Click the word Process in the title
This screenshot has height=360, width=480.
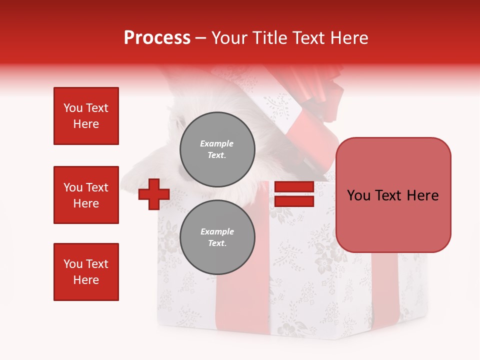point(157,38)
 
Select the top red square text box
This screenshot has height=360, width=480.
point(86,116)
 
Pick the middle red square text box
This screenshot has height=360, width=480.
point(86,195)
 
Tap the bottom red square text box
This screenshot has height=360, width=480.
point(86,272)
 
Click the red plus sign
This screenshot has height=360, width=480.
point(154,194)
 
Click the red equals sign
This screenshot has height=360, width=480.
point(294,194)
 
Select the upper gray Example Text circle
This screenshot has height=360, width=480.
point(217,149)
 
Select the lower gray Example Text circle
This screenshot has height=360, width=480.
point(217,237)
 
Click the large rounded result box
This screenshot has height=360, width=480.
point(393,195)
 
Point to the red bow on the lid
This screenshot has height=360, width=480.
point(320,90)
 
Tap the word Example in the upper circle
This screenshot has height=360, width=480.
point(217,143)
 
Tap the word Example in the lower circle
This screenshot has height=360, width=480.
point(217,231)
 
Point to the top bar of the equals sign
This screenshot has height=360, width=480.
point(294,187)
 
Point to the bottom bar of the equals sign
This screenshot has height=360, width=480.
point(294,201)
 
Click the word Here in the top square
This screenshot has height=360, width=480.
point(86,124)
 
